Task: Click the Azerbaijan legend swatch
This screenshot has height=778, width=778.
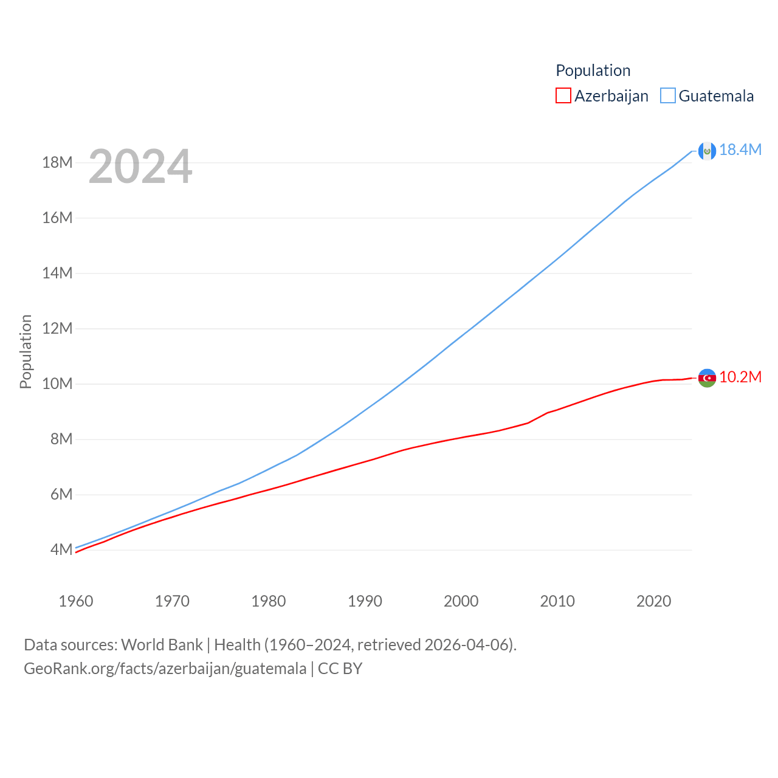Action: (x=563, y=96)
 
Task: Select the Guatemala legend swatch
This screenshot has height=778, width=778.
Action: (x=667, y=96)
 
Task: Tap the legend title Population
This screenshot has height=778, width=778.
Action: (x=593, y=71)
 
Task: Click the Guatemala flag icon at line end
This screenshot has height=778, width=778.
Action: (x=707, y=151)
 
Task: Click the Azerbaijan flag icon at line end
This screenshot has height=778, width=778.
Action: (x=707, y=378)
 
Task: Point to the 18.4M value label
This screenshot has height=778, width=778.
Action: (x=740, y=150)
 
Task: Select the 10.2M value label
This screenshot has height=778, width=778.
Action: (x=740, y=377)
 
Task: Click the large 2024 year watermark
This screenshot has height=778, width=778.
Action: (x=140, y=166)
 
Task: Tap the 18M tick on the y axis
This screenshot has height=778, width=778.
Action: (x=57, y=162)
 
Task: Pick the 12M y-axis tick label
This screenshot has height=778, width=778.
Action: (x=57, y=328)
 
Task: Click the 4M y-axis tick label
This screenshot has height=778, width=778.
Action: (x=61, y=549)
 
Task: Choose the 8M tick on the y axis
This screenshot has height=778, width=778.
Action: (x=61, y=439)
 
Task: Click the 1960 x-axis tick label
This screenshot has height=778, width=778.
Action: (x=76, y=601)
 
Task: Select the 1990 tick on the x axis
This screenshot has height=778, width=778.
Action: (x=365, y=601)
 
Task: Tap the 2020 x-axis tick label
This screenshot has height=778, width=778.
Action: (x=653, y=601)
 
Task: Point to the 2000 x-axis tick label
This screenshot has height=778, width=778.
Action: (x=461, y=601)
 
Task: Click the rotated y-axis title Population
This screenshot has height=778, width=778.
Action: (x=26, y=351)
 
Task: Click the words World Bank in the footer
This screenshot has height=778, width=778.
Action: (x=162, y=645)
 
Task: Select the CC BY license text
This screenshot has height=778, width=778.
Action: (x=340, y=669)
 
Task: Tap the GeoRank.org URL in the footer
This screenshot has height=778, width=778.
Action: (x=165, y=669)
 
